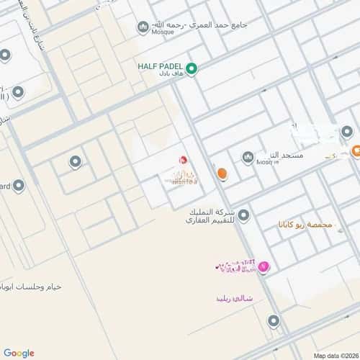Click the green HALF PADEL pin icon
click(192, 69)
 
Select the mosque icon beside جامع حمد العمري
click(143, 27)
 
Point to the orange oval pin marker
click(222, 174)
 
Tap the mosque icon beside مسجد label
click(248, 157)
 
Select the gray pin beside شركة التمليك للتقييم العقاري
click(244, 215)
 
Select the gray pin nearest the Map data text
click(274, 321)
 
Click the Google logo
click(19, 353)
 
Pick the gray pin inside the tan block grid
click(75, 161)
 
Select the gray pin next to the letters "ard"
click(19, 186)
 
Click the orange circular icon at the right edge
click(356, 151)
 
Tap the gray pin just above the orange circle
click(347, 132)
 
